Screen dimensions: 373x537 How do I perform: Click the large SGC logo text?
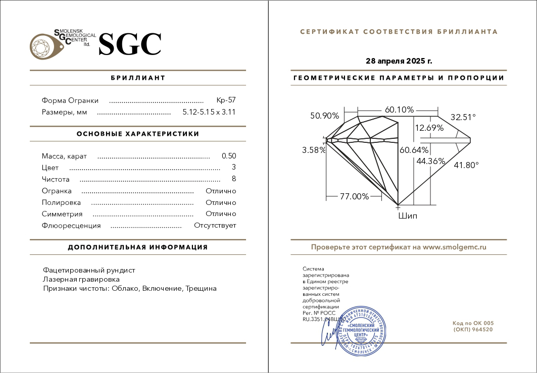pyautogui.click(x=130, y=44)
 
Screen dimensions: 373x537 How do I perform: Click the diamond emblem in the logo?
pyautogui.click(x=43, y=46)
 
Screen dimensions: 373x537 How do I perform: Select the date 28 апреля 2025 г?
pyautogui.click(x=399, y=61)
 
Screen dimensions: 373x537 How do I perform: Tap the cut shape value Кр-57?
pyautogui.click(x=226, y=100)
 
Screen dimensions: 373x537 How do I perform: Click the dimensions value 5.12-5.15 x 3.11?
pyautogui.click(x=209, y=112)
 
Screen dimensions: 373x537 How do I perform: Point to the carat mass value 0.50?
pyautogui.click(x=229, y=156)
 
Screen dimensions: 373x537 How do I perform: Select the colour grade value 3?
pyautogui.click(x=234, y=168)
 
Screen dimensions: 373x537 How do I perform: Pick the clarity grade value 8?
pyautogui.click(x=234, y=179)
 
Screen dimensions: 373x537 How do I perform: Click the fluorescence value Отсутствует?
pyautogui.click(x=215, y=226)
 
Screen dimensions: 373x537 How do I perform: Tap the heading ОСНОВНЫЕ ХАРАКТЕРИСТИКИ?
pyautogui.click(x=138, y=134)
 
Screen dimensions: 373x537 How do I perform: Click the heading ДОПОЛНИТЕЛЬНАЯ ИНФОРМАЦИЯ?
pyautogui.click(x=138, y=247)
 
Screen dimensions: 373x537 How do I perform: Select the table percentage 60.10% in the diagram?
pyautogui.click(x=399, y=110)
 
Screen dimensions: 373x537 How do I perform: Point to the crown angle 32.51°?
pyautogui.click(x=463, y=117)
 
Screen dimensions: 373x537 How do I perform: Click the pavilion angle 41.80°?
pyautogui.click(x=466, y=165)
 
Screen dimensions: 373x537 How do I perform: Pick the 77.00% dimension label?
pyautogui.click(x=354, y=196)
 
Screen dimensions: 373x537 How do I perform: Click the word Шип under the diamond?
pyautogui.click(x=408, y=216)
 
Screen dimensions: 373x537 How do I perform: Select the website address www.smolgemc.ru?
pyautogui.click(x=454, y=247)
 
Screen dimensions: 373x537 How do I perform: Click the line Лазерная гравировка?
pyautogui.click(x=81, y=279)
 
